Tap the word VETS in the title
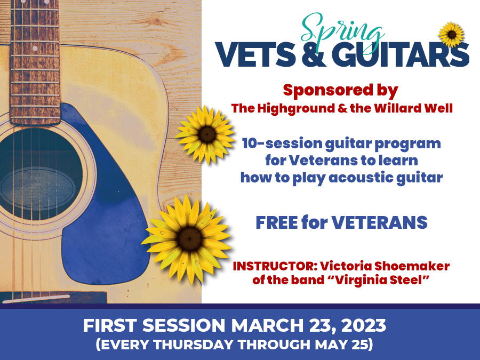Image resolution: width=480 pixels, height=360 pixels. [256, 54]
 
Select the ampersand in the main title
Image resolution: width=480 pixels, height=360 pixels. [314, 54]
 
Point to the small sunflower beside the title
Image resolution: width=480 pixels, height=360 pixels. [452, 35]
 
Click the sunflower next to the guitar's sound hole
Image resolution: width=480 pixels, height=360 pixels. [206, 135]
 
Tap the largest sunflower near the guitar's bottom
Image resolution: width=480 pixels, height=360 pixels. [187, 239]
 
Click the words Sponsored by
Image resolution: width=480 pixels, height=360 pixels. [340, 91]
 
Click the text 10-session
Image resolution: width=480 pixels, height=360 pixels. [282, 143]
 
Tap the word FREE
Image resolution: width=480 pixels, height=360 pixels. [277, 222]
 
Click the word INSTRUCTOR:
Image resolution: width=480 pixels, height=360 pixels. [275, 266]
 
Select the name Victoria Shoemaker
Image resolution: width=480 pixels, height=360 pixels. [385, 266]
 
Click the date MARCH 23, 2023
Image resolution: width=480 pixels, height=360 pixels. [308, 325]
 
